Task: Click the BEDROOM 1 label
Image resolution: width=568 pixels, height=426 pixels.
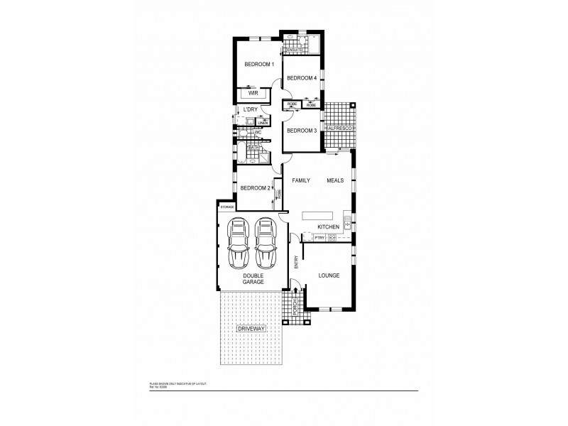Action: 258,65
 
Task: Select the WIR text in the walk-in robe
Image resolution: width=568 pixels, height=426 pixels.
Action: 252,93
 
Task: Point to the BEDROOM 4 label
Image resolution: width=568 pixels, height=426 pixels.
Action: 301,78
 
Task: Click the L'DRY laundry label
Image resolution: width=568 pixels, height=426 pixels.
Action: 249,109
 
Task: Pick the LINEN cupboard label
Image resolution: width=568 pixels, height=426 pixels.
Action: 262,122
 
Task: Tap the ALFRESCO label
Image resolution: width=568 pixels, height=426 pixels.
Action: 339,128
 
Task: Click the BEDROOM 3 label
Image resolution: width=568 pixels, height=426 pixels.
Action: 301,131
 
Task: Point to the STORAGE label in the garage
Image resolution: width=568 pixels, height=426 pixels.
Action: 226,207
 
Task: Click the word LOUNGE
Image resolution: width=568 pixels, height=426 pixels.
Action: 328,275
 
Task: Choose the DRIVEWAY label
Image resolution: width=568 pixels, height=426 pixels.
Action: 251,330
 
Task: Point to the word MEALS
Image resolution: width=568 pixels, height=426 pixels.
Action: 335,181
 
